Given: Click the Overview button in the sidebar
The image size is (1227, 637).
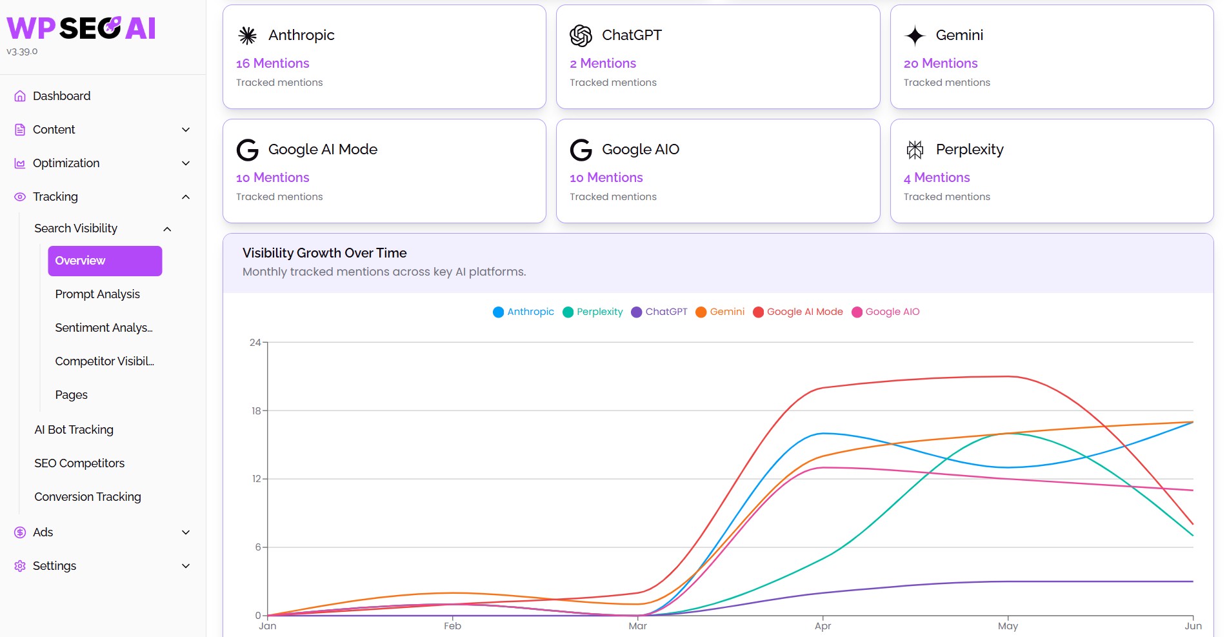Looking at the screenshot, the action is point(105,261).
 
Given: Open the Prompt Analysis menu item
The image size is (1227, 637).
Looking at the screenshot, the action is point(97,294).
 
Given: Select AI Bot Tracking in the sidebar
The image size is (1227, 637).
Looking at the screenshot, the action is point(74,430).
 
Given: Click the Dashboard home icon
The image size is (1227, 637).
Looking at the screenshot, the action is point(20,96).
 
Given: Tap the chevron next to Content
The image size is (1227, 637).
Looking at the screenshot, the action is point(186,130).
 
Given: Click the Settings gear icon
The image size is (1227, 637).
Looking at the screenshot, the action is point(20,566).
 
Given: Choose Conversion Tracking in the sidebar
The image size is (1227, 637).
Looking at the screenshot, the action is point(88,497).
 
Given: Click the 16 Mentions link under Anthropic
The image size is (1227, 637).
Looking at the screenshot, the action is point(273,63).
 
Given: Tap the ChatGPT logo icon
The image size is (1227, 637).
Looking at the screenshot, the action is point(581,35).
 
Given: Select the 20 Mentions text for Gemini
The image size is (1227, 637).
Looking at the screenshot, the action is point(941,63).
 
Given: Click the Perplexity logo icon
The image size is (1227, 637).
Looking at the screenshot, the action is point(915,150).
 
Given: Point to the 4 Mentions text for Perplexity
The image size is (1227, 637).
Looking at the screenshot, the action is point(937,177).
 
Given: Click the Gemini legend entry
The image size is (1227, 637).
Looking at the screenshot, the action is point(720,312).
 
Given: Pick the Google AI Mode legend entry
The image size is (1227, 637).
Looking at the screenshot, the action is point(798,312).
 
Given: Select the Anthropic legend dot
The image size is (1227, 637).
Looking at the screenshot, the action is point(498,312).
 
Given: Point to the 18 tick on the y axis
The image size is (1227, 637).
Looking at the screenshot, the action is point(256,410).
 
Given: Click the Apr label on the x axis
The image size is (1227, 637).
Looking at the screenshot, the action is point(823,626).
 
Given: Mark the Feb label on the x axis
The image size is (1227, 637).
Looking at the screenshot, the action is point(452,626).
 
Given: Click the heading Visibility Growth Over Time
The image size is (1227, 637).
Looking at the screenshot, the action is point(324,253).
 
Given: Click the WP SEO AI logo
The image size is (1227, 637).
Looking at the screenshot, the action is point(81,28).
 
